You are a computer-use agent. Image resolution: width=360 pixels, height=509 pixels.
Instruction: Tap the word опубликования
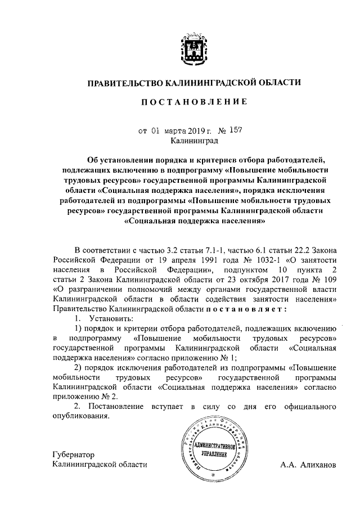80,416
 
